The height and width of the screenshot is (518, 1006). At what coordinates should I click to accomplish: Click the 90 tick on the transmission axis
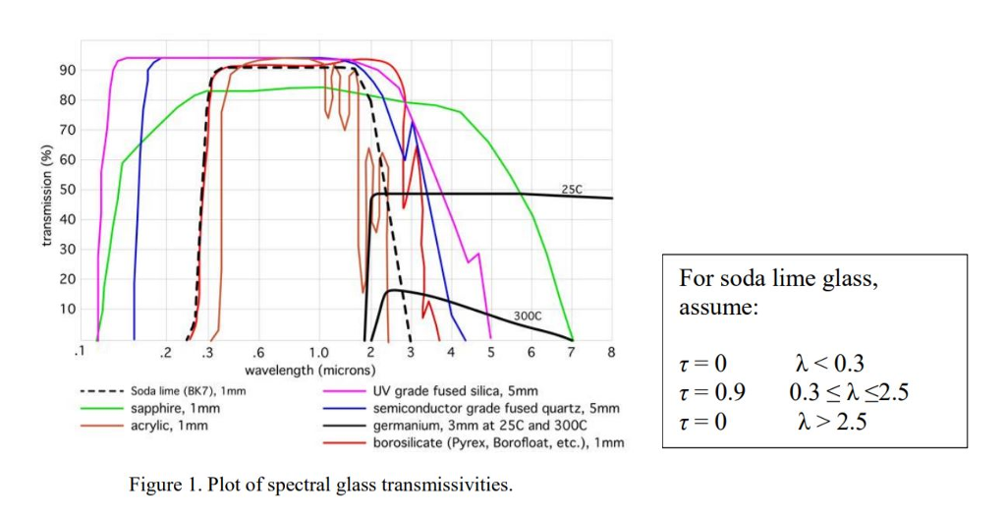click(67, 70)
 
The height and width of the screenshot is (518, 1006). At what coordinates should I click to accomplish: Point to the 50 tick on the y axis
click(67, 189)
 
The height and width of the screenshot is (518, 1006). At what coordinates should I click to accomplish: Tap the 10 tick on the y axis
click(67, 309)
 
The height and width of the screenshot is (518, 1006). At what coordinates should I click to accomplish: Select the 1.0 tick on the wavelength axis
click(318, 352)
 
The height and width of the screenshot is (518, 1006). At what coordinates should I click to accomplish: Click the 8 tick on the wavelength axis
click(611, 352)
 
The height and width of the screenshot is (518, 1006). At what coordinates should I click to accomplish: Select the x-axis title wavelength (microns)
click(309, 371)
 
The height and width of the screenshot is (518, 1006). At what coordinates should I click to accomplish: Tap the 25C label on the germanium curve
click(572, 187)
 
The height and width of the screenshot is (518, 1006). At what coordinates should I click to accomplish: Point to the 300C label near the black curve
click(528, 316)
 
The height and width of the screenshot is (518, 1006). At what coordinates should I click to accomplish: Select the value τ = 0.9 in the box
click(712, 393)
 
